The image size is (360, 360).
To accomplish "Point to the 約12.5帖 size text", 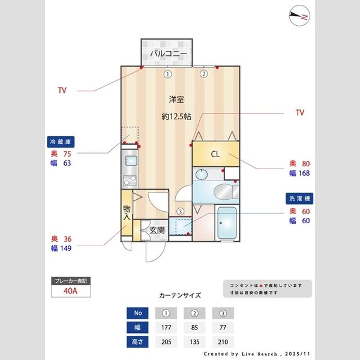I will (176, 116).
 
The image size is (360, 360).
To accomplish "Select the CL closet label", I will (215, 154).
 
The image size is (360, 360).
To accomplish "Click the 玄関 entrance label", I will (157, 230).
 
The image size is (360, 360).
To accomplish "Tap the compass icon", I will (298, 17).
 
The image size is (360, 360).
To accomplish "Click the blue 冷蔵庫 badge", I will (61, 142).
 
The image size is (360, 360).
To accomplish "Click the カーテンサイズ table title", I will (180, 295).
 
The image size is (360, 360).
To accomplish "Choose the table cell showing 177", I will (167, 328).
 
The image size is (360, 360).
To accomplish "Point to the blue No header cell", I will (139, 313).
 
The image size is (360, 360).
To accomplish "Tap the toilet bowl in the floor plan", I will (222, 192).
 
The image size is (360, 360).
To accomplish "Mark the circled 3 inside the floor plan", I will (180, 211).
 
